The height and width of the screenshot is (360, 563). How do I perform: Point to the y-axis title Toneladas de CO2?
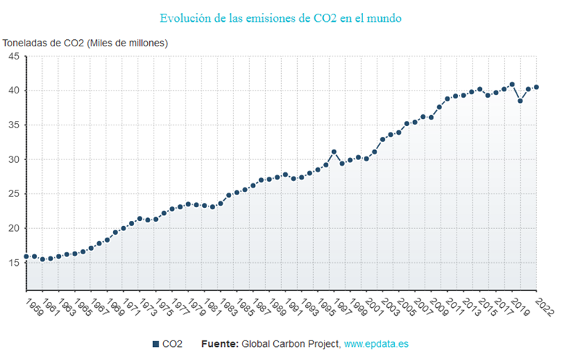(x=86, y=43)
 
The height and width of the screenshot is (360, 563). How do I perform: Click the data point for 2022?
(x=536, y=87)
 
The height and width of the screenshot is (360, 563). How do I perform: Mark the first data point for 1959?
(x=26, y=256)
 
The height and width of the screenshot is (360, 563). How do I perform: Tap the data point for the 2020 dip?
(x=520, y=101)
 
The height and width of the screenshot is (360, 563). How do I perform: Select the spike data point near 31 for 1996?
(x=334, y=152)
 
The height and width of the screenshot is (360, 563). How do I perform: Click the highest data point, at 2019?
(x=512, y=84)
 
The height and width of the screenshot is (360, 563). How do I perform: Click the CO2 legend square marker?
(x=156, y=344)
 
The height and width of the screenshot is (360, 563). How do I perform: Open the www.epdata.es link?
(x=378, y=344)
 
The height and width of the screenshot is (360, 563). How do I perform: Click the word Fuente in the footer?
(x=219, y=344)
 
